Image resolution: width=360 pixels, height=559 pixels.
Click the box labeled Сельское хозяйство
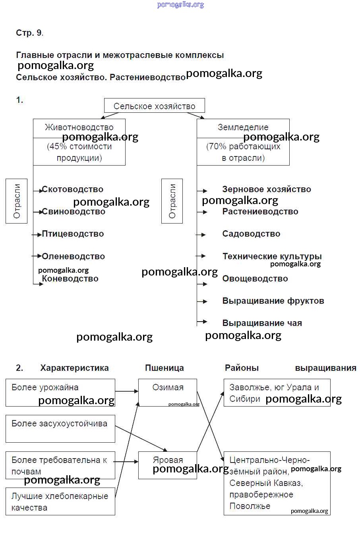tap(154, 106)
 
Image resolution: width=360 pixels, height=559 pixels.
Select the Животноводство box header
tap(79, 127)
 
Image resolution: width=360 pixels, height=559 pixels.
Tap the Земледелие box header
tap(243, 127)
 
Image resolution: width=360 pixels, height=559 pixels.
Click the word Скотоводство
tap(73, 189)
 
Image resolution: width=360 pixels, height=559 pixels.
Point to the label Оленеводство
tap(74, 256)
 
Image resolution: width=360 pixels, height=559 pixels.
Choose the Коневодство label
tap(70, 279)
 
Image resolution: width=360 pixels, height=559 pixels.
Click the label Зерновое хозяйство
tap(266, 189)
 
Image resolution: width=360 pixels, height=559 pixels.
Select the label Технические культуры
tap(272, 256)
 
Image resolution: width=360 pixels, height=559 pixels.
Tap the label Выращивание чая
tap(262, 323)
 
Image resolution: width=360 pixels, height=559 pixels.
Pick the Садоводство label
tap(251, 234)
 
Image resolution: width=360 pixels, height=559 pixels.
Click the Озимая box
tap(168, 392)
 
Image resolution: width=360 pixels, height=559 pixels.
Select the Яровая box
tap(168, 465)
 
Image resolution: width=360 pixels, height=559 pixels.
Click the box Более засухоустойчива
tap(60, 429)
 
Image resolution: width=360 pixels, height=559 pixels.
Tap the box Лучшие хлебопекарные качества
tap(60, 501)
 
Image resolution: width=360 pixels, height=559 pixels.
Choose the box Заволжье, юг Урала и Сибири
tap(277, 393)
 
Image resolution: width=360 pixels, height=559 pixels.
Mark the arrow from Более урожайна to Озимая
tap(126, 391)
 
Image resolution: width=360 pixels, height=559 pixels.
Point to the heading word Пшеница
tap(164, 368)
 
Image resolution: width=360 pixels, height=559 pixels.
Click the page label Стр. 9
tap(29, 33)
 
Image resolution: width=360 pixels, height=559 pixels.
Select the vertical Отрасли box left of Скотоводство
tap(17, 201)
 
